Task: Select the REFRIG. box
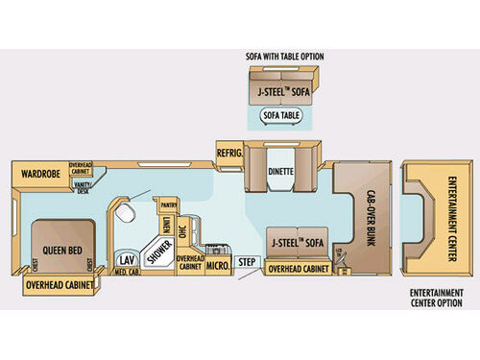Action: click(228, 152)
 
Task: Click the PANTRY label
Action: click(170, 204)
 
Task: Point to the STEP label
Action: click(247, 261)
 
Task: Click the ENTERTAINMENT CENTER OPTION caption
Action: click(443, 296)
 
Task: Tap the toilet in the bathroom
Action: click(122, 215)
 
